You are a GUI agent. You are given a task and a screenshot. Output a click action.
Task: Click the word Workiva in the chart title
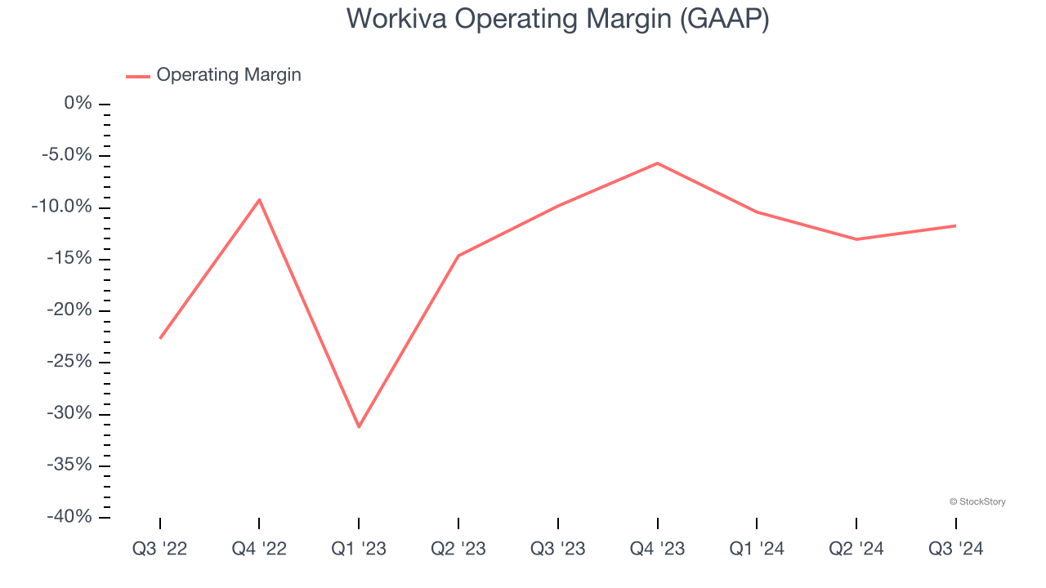396,19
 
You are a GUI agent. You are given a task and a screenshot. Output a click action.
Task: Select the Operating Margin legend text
229,75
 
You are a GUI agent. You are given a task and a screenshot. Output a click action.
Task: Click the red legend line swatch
137,76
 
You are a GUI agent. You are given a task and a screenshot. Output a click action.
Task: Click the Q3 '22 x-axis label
160,549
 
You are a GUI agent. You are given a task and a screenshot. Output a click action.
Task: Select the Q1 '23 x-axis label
359,549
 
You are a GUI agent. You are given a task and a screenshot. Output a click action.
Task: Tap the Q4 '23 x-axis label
657,549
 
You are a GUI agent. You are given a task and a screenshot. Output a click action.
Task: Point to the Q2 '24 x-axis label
856,549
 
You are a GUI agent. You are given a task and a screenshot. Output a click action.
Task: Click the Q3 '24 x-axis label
955,549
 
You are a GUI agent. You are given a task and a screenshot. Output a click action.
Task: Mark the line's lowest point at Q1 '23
359,426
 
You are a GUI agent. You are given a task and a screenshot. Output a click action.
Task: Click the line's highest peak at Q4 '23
657,163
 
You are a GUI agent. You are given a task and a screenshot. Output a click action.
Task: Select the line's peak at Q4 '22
259,199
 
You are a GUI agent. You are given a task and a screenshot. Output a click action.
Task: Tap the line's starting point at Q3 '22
160,337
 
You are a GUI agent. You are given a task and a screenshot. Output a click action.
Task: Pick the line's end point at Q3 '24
955,225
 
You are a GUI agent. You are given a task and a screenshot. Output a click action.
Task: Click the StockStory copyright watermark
977,501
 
